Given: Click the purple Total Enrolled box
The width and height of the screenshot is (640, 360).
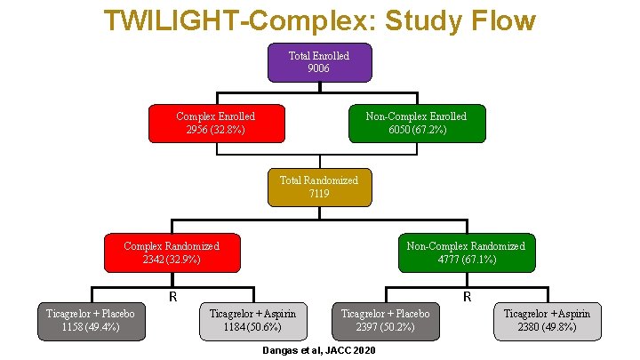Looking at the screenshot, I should (319, 61).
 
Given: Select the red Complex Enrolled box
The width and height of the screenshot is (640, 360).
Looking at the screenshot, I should (215, 124).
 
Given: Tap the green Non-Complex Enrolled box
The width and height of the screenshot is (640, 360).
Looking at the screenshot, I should (416, 124).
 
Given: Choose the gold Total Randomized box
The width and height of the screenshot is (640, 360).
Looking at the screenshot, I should (319, 187).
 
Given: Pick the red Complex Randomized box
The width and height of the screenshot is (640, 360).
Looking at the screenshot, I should (172, 252).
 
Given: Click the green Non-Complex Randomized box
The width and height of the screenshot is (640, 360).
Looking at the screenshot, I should (466, 252).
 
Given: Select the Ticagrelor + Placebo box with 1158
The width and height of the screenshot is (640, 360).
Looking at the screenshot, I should (91, 320).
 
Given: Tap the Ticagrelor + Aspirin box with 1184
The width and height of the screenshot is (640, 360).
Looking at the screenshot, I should (252, 320).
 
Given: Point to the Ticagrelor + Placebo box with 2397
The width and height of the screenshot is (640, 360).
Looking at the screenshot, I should (386, 320).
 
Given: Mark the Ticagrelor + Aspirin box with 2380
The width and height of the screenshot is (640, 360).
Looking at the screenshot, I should (547, 320).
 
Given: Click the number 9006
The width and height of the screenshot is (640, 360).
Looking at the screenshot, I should (319, 68).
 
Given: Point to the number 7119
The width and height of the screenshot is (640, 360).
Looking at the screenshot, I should (319, 193).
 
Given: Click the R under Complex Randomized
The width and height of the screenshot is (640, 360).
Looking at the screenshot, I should (174, 296).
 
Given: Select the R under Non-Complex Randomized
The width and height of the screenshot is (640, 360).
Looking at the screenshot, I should (467, 296).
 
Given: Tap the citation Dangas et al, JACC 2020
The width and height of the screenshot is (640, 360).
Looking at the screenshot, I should (319, 351).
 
